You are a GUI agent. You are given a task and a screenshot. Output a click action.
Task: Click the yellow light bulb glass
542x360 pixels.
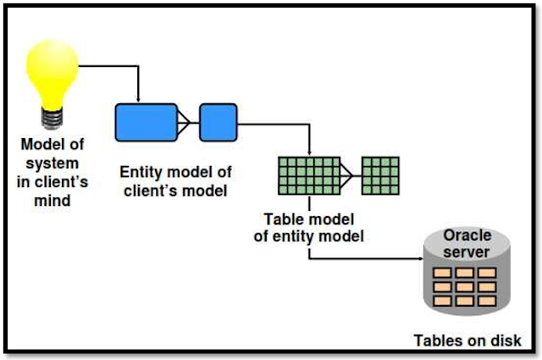point(53,74)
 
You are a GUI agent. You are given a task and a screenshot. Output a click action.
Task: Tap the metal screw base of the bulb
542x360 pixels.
point(53,119)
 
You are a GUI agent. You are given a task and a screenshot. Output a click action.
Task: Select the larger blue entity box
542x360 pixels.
point(147,123)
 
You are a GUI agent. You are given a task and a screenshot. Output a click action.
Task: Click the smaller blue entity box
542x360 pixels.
point(218,123)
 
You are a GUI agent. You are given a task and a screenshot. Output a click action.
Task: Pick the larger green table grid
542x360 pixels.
point(309,175)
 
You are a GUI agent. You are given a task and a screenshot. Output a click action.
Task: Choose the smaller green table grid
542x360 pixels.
point(380,175)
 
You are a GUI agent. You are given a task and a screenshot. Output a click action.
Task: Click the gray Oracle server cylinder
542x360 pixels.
point(467,271)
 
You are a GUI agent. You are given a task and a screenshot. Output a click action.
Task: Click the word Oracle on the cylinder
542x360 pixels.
point(467,235)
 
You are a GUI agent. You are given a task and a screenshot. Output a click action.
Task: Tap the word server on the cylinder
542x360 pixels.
point(467,252)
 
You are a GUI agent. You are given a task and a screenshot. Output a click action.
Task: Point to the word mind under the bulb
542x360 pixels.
point(53,200)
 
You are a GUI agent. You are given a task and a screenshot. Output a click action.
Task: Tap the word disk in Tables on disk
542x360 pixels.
point(506,341)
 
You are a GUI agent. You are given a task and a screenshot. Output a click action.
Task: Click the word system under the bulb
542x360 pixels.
point(53,163)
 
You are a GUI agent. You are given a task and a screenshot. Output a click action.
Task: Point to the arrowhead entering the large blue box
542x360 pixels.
point(138,100)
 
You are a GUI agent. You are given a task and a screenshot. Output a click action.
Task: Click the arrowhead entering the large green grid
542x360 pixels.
point(309,153)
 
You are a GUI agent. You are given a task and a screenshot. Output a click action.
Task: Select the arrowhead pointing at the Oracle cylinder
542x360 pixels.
point(421,258)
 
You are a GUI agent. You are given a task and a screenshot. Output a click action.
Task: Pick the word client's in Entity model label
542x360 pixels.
point(152,191)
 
